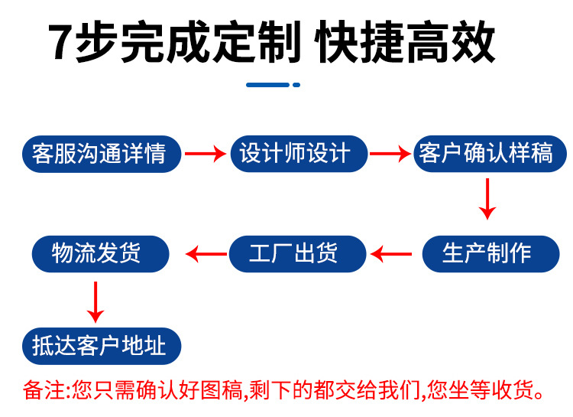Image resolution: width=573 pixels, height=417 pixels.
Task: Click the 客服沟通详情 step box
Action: point(99,154)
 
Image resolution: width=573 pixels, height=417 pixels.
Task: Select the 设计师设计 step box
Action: point(295,153)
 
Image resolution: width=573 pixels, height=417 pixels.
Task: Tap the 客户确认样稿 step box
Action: point(486,153)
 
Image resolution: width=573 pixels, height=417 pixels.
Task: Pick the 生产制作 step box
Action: point(487,253)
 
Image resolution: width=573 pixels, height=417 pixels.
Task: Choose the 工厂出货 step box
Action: point(294,253)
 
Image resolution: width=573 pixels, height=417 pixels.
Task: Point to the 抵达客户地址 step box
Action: point(99,347)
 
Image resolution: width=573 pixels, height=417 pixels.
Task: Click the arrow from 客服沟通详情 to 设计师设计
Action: point(207,154)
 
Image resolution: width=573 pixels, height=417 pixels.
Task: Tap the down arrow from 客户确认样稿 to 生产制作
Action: point(487,199)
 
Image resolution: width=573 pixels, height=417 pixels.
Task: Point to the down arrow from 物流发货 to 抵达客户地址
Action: point(95,301)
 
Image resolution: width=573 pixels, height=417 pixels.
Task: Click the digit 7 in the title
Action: point(61,44)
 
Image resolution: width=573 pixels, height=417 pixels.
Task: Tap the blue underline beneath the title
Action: point(273,85)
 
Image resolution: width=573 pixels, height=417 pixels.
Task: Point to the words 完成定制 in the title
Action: point(206,43)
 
